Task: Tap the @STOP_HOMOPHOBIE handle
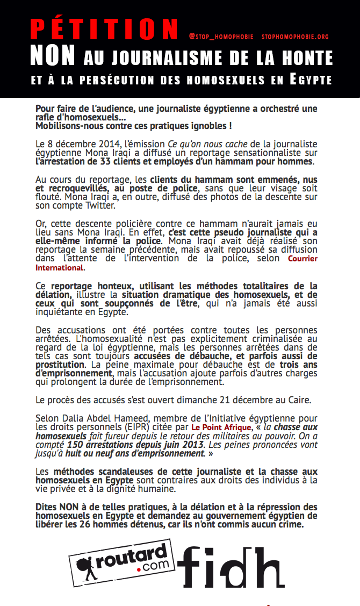[x=221, y=37]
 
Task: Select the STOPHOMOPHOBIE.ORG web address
[x=295, y=37]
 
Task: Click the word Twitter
[x=105, y=206]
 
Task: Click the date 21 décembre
[x=238, y=400]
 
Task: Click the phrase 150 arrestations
[x=98, y=445]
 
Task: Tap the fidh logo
[x=232, y=567]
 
